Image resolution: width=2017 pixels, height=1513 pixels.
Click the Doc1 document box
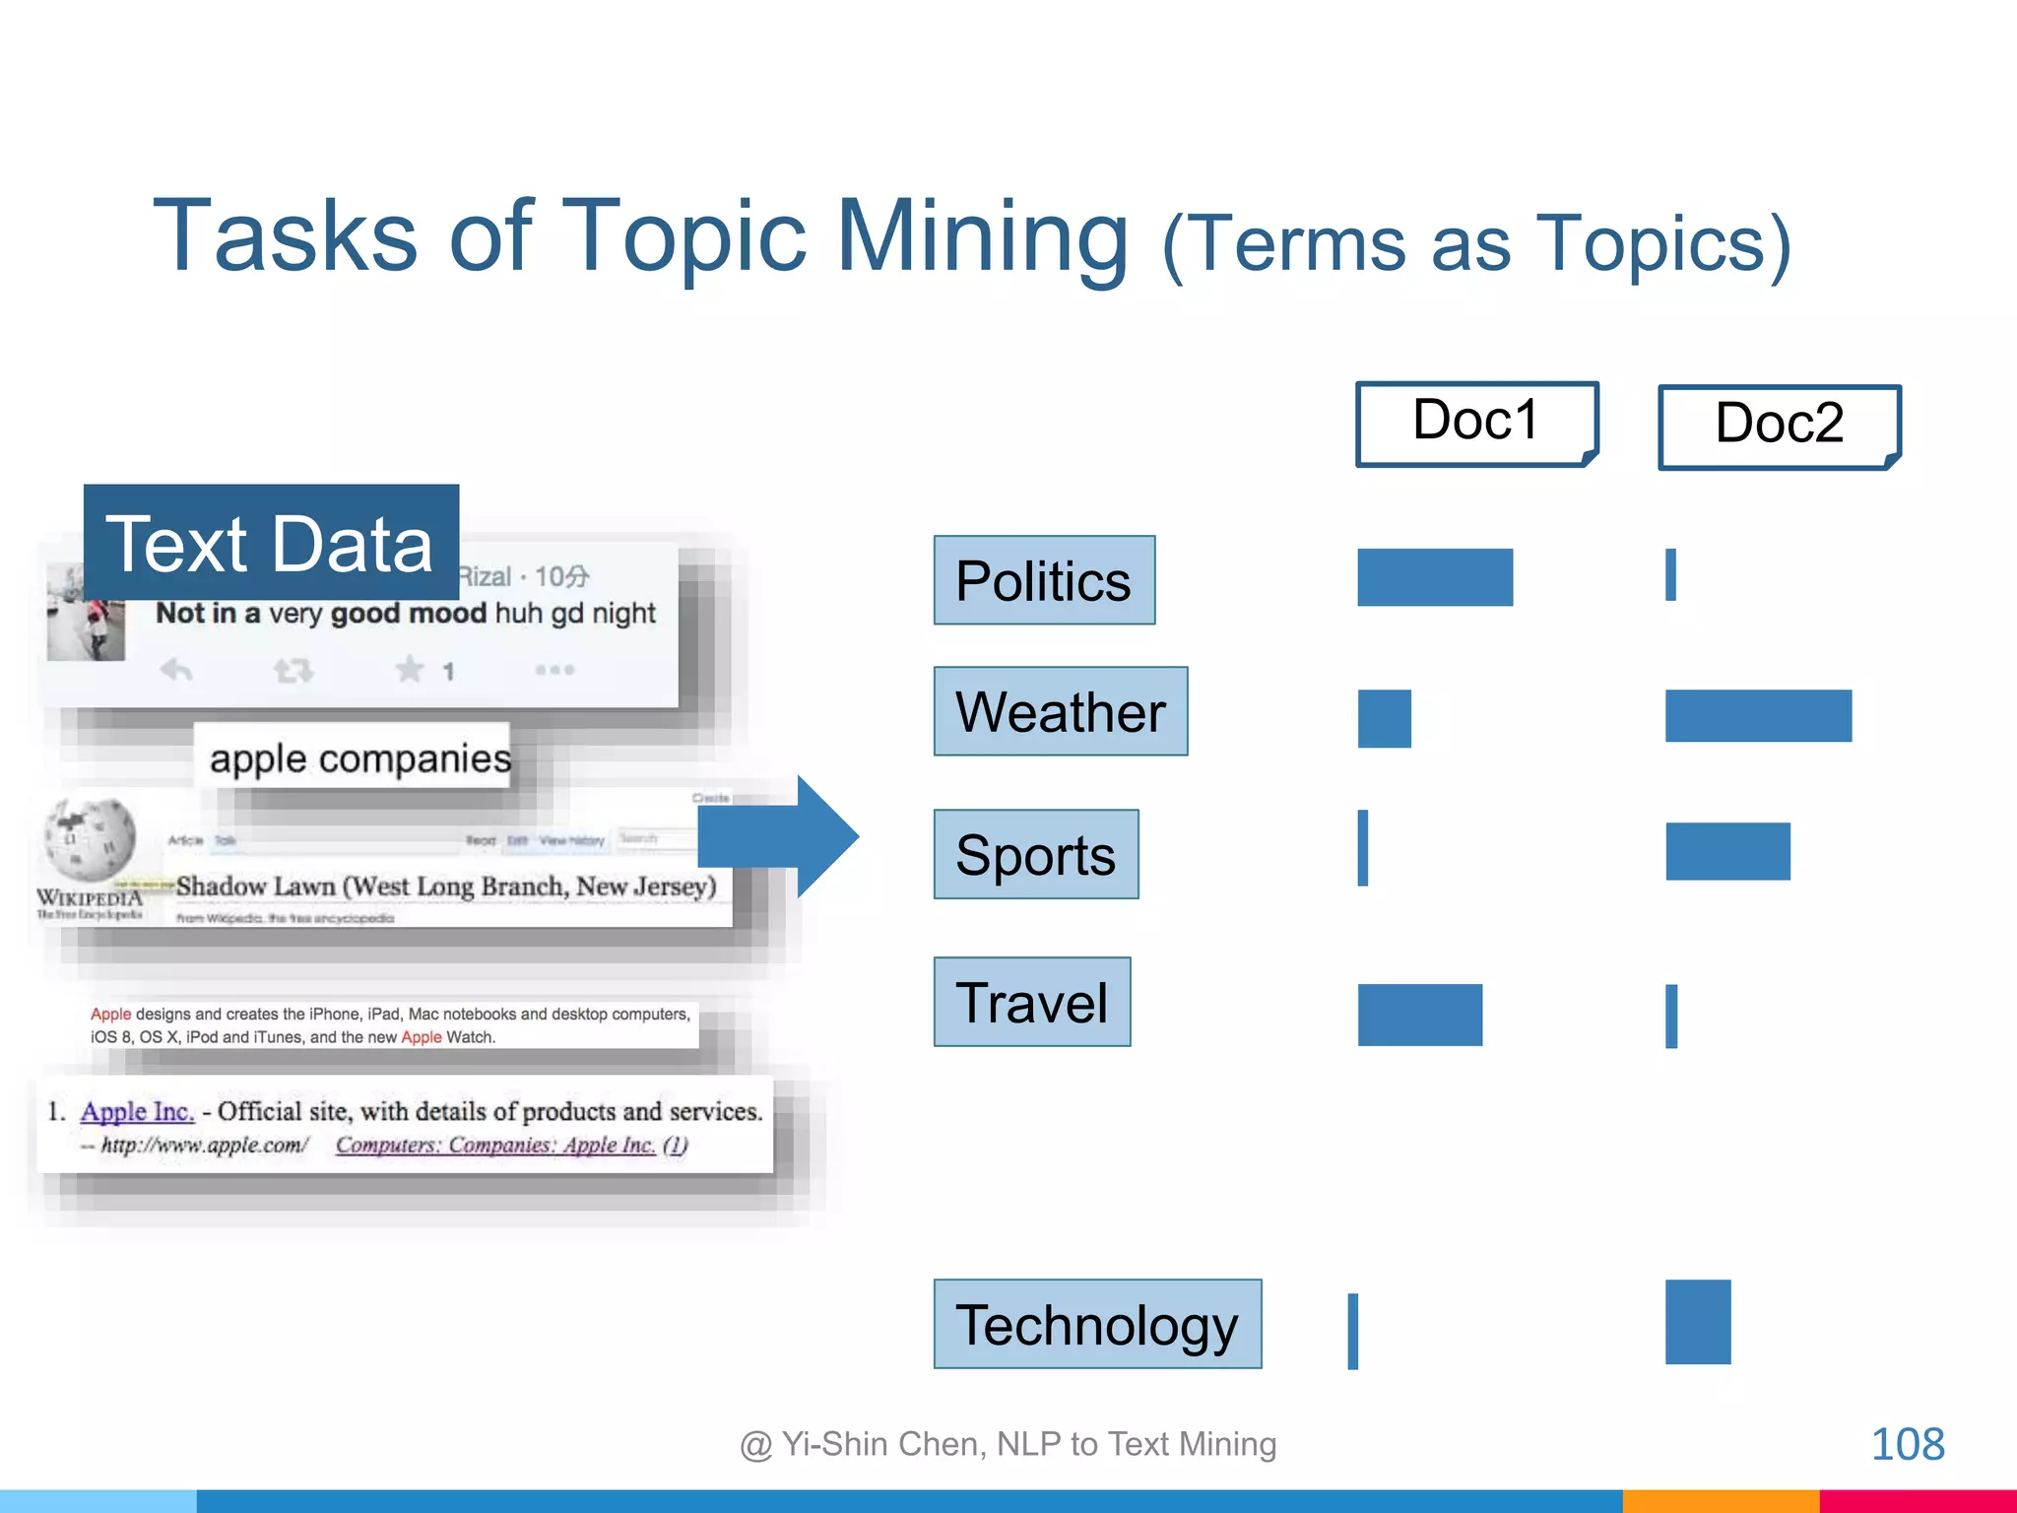tap(1475, 424)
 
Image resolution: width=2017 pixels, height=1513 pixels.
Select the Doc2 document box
tap(1779, 427)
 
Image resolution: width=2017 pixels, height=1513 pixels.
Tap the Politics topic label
tap(1044, 580)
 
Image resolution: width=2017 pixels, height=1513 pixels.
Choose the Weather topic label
tap(1061, 711)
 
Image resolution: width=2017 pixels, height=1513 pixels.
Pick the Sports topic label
tap(1036, 854)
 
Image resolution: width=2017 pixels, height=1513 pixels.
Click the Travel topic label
tap(1032, 1002)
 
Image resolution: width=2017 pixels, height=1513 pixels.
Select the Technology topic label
tap(1097, 1324)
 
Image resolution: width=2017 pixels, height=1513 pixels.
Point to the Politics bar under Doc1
tap(1434, 577)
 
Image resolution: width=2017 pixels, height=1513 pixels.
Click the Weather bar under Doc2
tap(1758, 716)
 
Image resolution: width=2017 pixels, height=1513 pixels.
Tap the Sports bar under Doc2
tap(1727, 851)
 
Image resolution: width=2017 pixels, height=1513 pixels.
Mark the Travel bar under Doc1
tap(1419, 1015)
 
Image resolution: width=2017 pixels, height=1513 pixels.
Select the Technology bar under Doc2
tap(1698, 1322)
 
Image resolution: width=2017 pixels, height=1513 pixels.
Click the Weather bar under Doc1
tap(1384, 719)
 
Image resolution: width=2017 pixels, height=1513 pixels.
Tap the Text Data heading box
tap(271, 543)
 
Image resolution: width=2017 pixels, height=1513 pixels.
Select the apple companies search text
tap(359, 758)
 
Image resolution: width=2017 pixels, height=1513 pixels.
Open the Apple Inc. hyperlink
tap(137, 1111)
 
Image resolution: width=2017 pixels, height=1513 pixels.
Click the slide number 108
tap(1907, 1445)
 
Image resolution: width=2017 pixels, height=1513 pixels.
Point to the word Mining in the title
tap(982, 236)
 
